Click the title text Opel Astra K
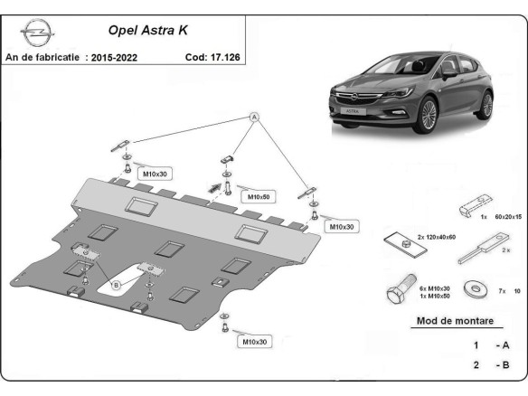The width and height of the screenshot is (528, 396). [x=148, y=31]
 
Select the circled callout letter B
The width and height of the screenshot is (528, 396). [x=116, y=285]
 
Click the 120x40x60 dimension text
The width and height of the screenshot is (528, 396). [x=411, y=237]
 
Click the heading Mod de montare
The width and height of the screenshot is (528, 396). [x=455, y=321]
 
